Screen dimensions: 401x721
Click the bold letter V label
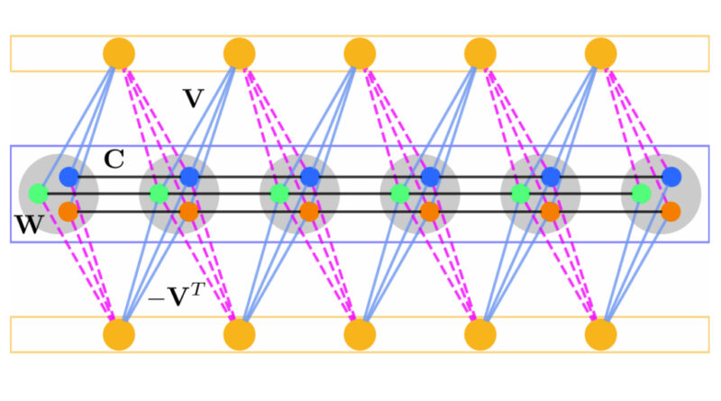click(x=192, y=98)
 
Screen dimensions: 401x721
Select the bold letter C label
click(x=114, y=160)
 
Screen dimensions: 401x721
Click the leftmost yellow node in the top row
click(x=119, y=52)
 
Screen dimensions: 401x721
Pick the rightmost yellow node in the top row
click(x=600, y=52)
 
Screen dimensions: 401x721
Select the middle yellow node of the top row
click(x=360, y=52)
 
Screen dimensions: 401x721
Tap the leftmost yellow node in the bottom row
click(x=119, y=334)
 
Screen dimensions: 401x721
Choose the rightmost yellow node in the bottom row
click(x=600, y=334)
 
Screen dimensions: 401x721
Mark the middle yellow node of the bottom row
click(x=360, y=334)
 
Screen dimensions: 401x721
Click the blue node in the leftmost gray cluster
click(x=69, y=178)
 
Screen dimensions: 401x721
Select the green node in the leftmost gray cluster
click(x=38, y=193)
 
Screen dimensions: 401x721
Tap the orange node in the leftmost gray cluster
click(x=68, y=212)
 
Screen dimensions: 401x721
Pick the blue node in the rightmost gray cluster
click(x=671, y=178)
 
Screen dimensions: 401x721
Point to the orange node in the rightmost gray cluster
click(x=671, y=212)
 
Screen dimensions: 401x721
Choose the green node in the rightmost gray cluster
click(x=640, y=193)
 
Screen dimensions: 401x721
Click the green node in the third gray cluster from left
click(x=278, y=193)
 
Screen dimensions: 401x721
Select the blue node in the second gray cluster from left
click(x=189, y=178)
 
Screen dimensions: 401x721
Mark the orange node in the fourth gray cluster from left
click(x=430, y=212)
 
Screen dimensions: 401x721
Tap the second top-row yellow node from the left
click(x=239, y=52)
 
